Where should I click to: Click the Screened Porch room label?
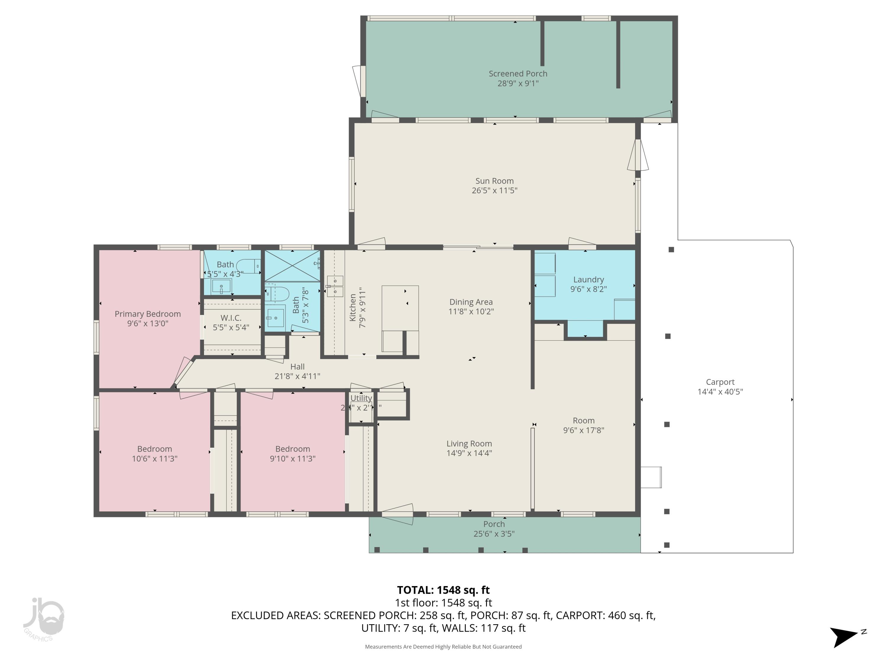(518, 74)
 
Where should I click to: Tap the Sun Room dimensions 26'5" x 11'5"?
(494, 191)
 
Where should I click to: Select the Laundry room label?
(588, 280)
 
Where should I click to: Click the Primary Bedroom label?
(148, 314)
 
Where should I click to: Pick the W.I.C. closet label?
(231, 318)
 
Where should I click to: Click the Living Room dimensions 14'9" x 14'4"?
(469, 453)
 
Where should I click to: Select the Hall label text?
(297, 367)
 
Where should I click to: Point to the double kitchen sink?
(335, 286)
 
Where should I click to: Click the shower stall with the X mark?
(292, 265)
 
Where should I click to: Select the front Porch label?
(494, 524)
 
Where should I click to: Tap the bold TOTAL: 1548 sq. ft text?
(443, 590)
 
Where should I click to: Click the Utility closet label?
(361, 398)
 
